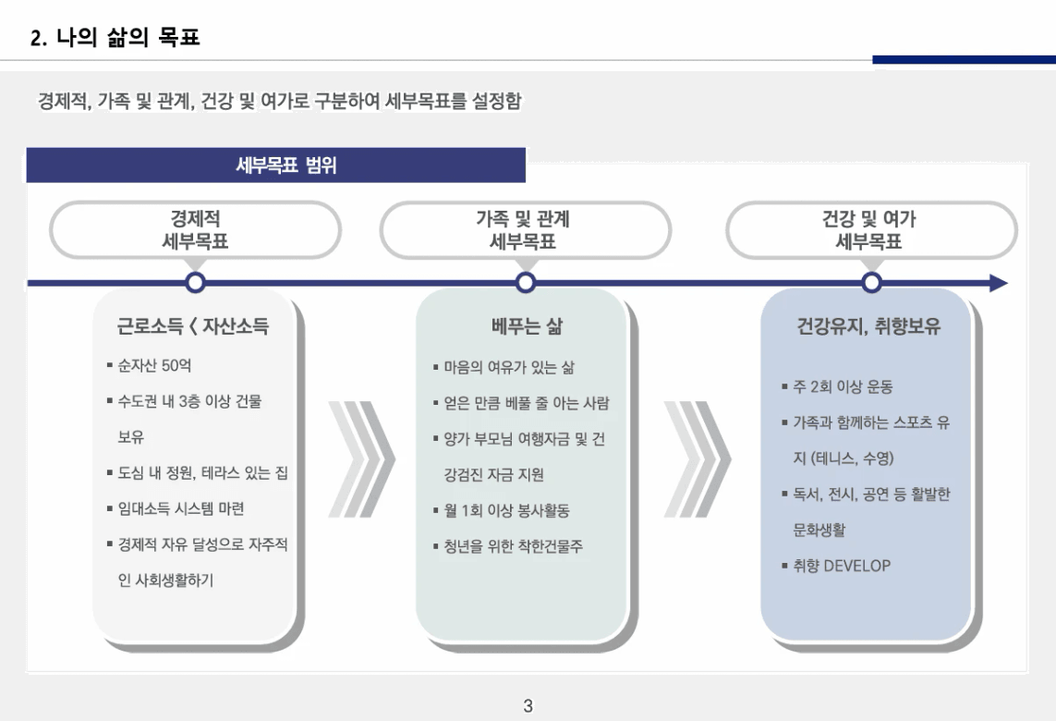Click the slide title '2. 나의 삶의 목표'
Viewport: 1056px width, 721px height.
coord(115,37)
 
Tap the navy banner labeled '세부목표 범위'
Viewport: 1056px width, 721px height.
coord(275,165)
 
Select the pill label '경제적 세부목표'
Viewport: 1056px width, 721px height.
coord(195,230)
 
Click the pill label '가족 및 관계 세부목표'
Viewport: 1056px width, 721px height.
coord(525,230)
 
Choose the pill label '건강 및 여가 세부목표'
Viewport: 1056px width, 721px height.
coord(871,230)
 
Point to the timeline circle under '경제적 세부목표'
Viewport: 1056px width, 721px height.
coord(195,282)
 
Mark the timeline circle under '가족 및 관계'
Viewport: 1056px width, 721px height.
coord(526,282)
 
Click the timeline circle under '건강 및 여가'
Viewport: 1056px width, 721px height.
coord(871,282)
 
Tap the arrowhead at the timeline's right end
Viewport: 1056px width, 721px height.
coord(999,283)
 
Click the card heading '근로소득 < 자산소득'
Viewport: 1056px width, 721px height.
coord(192,326)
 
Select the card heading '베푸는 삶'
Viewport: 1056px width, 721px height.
coord(527,326)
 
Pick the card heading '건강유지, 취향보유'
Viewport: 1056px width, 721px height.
coord(868,326)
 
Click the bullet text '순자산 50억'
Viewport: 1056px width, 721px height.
coord(154,365)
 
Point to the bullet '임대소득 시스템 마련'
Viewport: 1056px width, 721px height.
coord(180,508)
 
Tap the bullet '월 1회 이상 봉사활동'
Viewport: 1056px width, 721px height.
coord(506,511)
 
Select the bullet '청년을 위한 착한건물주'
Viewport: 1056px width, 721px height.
coord(513,546)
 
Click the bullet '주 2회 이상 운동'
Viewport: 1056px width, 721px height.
coord(843,386)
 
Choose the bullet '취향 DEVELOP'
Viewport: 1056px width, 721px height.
coord(841,566)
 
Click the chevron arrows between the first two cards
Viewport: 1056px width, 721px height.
coord(361,458)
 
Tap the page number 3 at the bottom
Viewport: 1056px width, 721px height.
coord(528,705)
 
